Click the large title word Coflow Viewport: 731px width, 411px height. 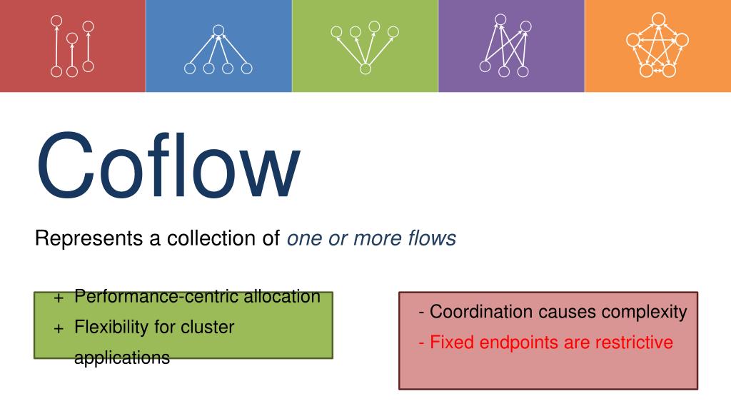168,166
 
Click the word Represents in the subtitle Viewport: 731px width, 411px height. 79,238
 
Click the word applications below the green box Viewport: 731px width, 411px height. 122,357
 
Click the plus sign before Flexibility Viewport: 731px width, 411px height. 59,328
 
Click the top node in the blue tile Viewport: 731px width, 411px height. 218,30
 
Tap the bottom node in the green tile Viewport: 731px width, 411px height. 365,68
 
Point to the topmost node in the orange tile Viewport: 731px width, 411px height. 658,19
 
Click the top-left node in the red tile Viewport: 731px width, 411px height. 56,20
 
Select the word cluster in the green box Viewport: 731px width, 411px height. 207,328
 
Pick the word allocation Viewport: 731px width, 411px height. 282,296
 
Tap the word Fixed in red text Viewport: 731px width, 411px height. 452,342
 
